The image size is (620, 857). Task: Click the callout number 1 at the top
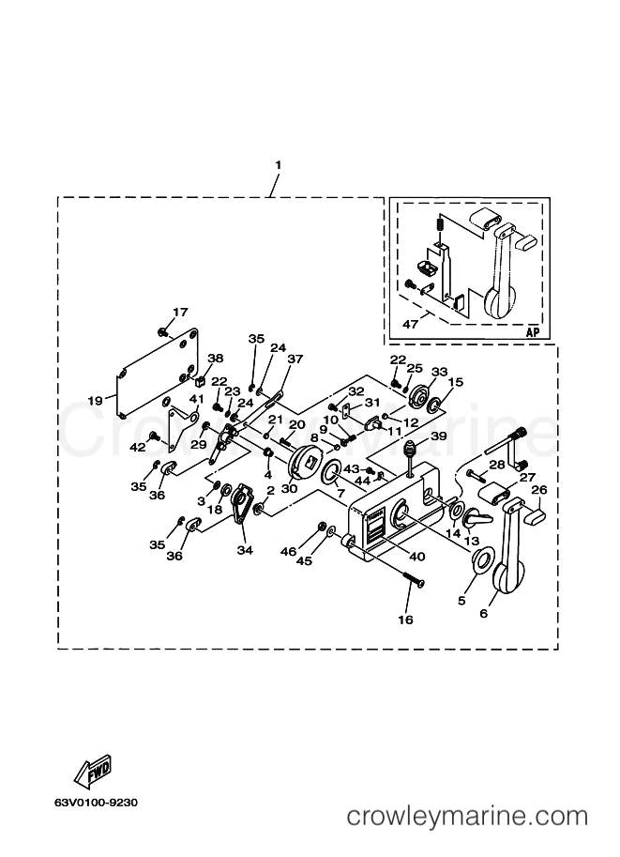pyautogui.click(x=278, y=164)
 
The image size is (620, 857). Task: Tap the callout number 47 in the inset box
pyautogui.click(x=410, y=324)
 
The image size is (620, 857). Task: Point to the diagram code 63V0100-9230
pyautogui.click(x=96, y=803)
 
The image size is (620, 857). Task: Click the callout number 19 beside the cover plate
pyautogui.click(x=95, y=401)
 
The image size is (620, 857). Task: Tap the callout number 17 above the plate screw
pyautogui.click(x=180, y=312)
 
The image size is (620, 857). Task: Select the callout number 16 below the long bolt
pyautogui.click(x=405, y=620)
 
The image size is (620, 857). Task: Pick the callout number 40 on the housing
pyautogui.click(x=416, y=557)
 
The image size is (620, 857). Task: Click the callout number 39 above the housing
pyautogui.click(x=438, y=436)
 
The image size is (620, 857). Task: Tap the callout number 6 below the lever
pyautogui.click(x=483, y=614)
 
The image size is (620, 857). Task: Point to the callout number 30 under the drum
pyautogui.click(x=289, y=488)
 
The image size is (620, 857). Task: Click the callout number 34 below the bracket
pyautogui.click(x=245, y=550)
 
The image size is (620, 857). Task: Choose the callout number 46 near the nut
pyautogui.click(x=288, y=552)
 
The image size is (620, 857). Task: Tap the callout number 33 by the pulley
pyautogui.click(x=439, y=372)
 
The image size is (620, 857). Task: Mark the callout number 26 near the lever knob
pyautogui.click(x=538, y=490)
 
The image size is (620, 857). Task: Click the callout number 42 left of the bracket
pyautogui.click(x=137, y=447)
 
